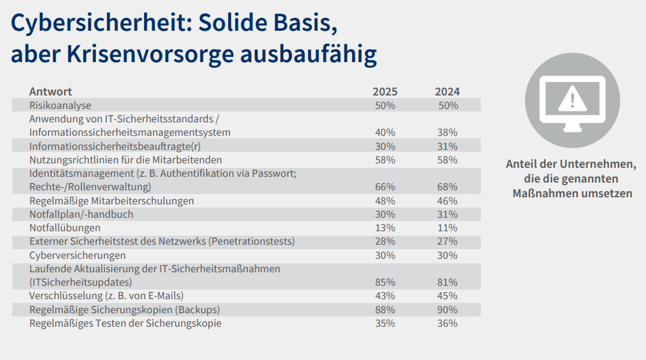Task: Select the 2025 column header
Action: [x=385, y=92]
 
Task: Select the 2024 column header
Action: [x=447, y=92]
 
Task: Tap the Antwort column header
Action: [x=51, y=92]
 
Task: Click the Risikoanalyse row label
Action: [x=60, y=105]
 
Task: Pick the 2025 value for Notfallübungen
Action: [x=385, y=227]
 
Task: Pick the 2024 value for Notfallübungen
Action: [x=447, y=227]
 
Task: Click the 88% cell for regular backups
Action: [x=385, y=310]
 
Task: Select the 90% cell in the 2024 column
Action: [x=447, y=310]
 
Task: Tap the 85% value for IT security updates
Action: [x=385, y=282]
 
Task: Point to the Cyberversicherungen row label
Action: [x=77, y=255]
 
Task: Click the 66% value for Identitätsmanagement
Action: [x=385, y=187]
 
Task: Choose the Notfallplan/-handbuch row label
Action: [x=81, y=214]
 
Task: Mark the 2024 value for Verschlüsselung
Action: [x=447, y=296]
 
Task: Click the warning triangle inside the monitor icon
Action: [x=572, y=98]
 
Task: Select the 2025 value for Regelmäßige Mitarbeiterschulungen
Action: [x=385, y=200]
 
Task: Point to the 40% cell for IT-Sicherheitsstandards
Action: [x=385, y=133]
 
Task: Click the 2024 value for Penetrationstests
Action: [x=447, y=241]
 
